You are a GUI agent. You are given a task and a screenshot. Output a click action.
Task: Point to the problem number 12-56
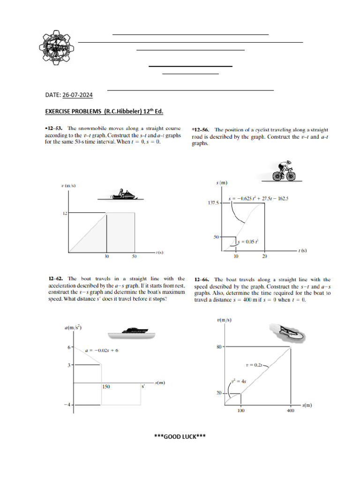pos(202,129)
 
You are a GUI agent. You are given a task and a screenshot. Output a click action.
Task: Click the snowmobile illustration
pos(120,194)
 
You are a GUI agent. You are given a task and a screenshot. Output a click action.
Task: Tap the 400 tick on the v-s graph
pos(290,411)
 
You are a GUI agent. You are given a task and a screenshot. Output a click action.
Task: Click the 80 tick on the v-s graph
pos(219,347)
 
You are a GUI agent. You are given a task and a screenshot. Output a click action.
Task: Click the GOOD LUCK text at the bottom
pos(180,436)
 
